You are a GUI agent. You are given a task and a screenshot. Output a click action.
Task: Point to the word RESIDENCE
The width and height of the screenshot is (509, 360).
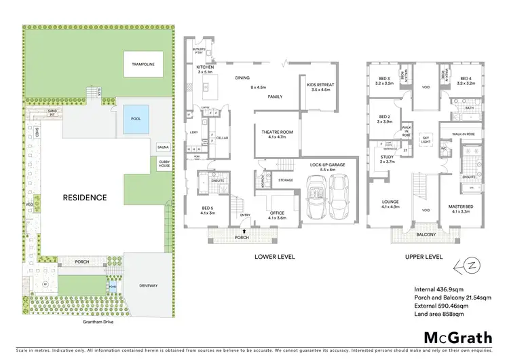(85, 198)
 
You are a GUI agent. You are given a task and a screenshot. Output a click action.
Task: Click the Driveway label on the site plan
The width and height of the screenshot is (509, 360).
(149, 285)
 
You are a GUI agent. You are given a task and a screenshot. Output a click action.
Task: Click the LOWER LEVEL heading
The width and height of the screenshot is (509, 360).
(274, 257)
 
